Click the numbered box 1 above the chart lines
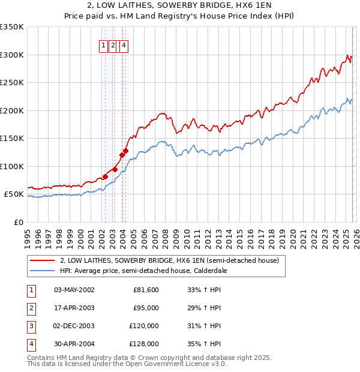(x=103, y=44)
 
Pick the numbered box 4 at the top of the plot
(x=123, y=44)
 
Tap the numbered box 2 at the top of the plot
(x=113, y=44)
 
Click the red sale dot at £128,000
(x=125, y=151)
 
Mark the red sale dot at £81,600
(x=104, y=176)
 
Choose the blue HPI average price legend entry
(x=150, y=271)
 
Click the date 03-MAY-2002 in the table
(x=74, y=290)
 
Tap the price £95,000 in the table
(x=145, y=308)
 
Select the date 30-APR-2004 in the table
(x=74, y=344)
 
